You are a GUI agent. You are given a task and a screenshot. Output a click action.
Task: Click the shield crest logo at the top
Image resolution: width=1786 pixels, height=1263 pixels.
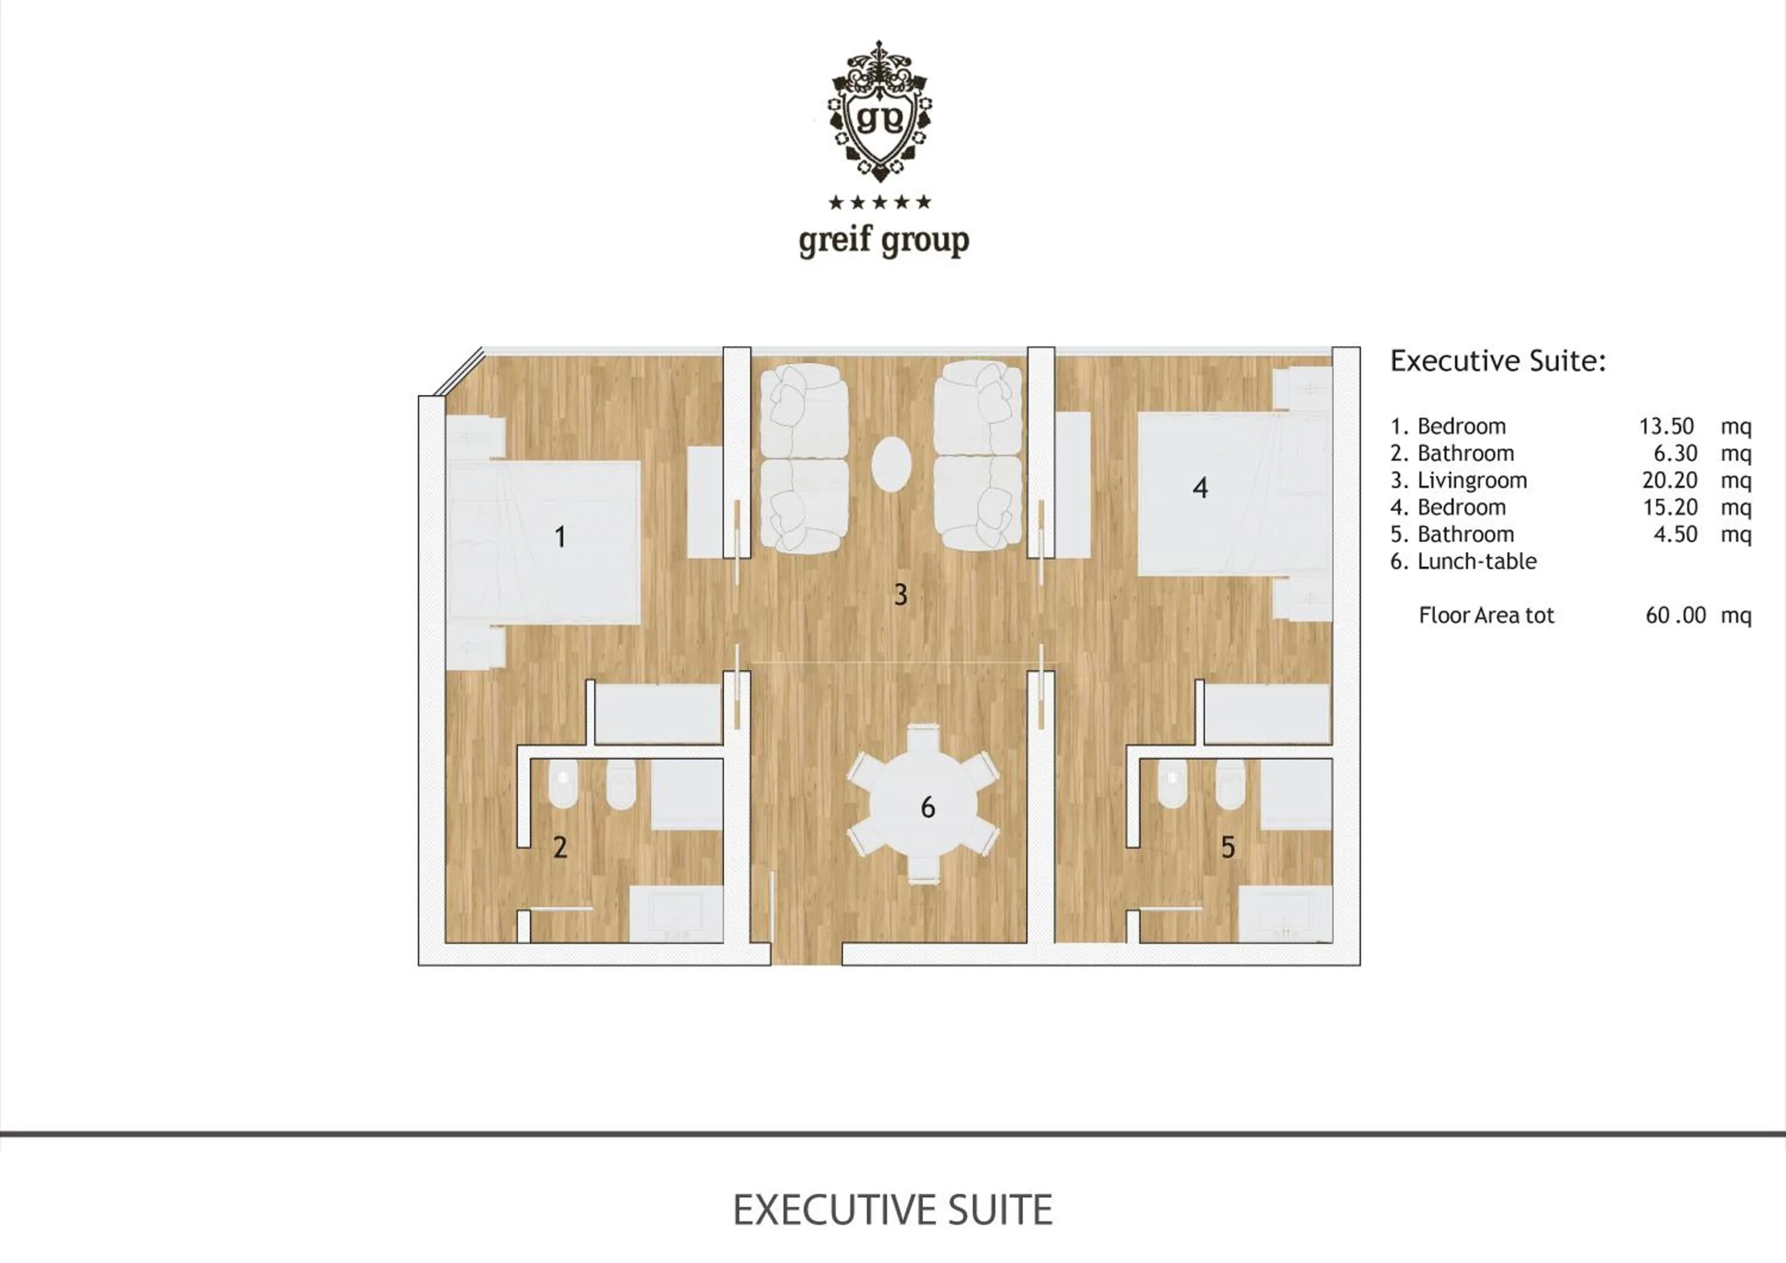pos(880,112)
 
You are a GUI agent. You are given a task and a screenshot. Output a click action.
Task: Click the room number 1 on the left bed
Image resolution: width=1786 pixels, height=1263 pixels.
pos(560,537)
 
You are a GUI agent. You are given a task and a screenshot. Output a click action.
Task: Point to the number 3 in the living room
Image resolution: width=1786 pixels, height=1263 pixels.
pos(901,595)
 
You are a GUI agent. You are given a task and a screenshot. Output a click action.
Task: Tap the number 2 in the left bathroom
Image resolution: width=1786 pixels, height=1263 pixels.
pos(560,847)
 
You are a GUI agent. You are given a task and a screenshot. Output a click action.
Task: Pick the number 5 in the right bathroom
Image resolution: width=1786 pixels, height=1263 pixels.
pos(1228,847)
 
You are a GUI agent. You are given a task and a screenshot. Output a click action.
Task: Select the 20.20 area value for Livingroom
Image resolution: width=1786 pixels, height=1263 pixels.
pos(1669,481)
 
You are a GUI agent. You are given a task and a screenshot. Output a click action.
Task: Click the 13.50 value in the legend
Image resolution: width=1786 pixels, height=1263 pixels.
pos(1666,426)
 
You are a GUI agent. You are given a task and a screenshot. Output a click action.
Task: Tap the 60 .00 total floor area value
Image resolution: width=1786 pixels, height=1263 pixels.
pos(1675,615)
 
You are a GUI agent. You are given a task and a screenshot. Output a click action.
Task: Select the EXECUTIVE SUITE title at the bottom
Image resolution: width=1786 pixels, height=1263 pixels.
pos(892,1210)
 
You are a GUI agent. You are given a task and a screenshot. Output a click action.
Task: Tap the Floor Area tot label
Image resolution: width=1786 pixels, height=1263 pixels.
pos(1486,615)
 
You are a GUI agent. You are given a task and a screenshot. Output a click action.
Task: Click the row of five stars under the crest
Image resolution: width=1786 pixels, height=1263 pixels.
pos(880,203)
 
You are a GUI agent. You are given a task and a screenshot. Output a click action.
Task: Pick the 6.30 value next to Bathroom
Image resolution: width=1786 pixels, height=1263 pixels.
pos(1675,454)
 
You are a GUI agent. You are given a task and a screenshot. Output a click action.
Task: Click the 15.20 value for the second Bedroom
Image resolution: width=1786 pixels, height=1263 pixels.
pos(1669,507)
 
